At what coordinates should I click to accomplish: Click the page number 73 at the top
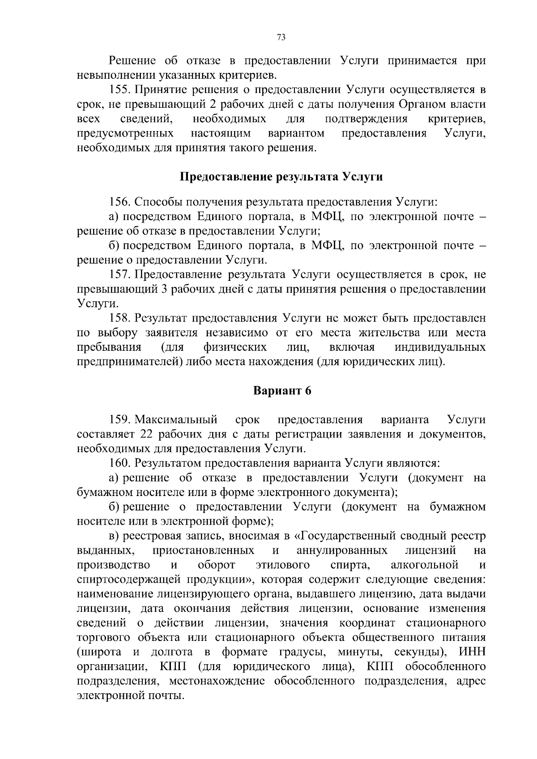281,38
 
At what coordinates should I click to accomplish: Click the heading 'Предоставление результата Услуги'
281,177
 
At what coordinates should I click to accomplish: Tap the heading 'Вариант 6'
282,391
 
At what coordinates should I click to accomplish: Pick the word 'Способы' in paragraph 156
156,202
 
